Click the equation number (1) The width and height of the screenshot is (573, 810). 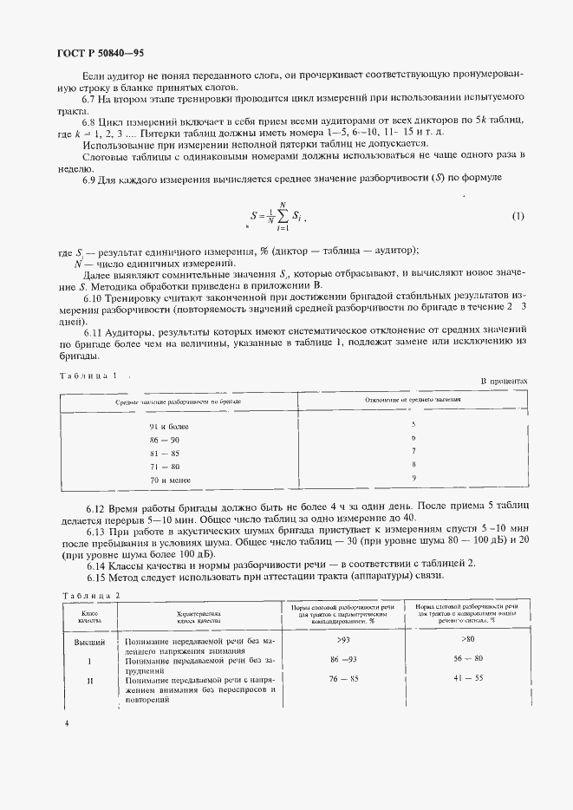coord(518,215)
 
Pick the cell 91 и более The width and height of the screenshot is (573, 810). coord(169,426)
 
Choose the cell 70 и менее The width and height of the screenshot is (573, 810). coord(169,480)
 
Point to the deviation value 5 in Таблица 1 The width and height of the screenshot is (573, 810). coord(413,423)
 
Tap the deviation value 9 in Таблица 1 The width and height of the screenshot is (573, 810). coord(413,477)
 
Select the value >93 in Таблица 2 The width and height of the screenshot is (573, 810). coord(343,640)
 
